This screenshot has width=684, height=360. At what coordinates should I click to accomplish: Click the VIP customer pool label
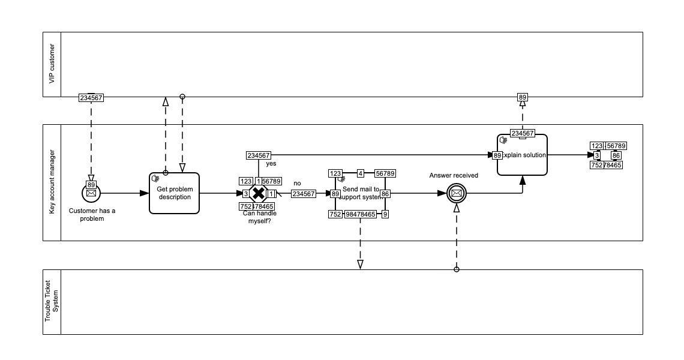(52, 64)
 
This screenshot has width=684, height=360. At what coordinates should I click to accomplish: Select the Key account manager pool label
(52, 182)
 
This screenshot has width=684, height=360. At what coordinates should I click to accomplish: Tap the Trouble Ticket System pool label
(52, 302)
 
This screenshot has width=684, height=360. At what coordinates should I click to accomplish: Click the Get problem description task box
(174, 193)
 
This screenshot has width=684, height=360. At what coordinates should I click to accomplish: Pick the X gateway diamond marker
(258, 193)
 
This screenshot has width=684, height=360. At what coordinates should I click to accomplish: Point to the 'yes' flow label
(271, 163)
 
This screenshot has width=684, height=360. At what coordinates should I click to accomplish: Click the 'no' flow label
(297, 183)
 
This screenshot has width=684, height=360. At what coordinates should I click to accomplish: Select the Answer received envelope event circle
(456, 193)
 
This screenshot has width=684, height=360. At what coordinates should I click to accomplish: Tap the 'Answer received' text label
(454, 175)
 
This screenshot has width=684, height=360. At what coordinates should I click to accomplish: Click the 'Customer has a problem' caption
(92, 214)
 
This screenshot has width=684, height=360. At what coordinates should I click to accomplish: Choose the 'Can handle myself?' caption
(259, 217)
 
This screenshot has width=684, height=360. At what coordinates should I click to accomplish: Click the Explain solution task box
(522, 155)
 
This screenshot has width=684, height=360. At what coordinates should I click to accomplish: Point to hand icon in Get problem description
(155, 178)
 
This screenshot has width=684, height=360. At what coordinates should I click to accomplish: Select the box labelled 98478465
(361, 214)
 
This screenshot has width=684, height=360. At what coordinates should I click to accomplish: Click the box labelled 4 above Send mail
(361, 173)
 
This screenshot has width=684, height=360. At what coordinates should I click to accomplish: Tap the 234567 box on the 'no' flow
(304, 194)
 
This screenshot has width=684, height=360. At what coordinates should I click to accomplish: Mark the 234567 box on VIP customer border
(91, 97)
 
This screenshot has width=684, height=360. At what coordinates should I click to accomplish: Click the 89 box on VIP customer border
(523, 97)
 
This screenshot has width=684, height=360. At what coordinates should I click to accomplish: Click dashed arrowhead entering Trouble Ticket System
(360, 264)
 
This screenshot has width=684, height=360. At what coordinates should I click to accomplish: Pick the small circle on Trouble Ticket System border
(456, 269)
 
